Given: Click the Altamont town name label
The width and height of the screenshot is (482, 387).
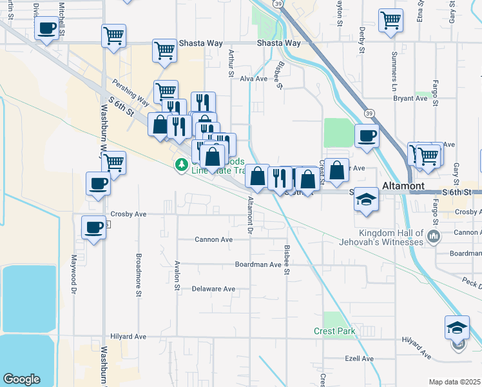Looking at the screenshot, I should coord(403,186).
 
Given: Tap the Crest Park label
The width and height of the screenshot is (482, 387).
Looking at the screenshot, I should coord(334,331).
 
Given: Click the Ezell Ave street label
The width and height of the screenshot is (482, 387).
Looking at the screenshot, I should coord(359,359).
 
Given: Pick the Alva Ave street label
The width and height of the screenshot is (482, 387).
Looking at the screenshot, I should coord(253,79).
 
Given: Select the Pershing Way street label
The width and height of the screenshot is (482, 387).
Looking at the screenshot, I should coord(131,93).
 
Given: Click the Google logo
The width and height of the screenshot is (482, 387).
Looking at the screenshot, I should coord(21,379).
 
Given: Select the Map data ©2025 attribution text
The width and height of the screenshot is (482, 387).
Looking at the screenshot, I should coord(454,382).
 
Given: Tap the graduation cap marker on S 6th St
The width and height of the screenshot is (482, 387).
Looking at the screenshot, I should coord(367,199).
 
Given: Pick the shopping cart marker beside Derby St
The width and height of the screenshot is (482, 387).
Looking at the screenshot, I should coord(390,21).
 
